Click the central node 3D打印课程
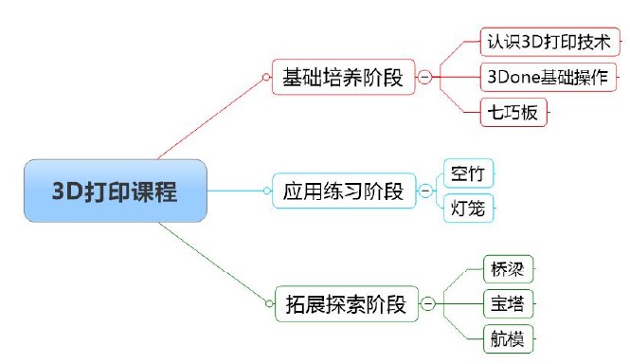(116, 191)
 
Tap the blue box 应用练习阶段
(343, 191)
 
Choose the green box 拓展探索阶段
(345, 304)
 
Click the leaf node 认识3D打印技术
(549, 44)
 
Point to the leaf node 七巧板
(515, 112)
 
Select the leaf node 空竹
(468, 173)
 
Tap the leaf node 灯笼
(468, 208)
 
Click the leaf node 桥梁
(508, 269)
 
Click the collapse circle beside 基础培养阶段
(424, 78)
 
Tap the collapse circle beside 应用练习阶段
(424, 191)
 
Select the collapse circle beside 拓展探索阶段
(428, 304)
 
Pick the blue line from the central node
(237, 191)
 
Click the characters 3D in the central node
(64, 191)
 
